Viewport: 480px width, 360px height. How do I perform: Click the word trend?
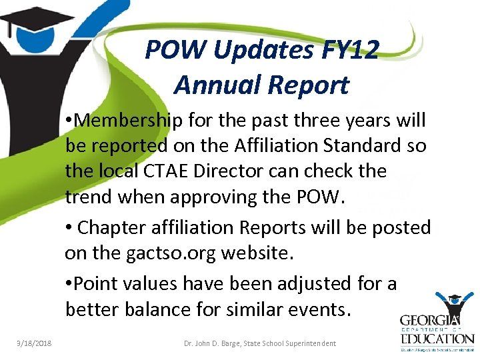(x=89, y=197)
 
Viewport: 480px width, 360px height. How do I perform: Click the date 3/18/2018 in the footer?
(x=34, y=343)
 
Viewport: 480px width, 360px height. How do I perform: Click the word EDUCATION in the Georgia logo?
(x=437, y=339)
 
